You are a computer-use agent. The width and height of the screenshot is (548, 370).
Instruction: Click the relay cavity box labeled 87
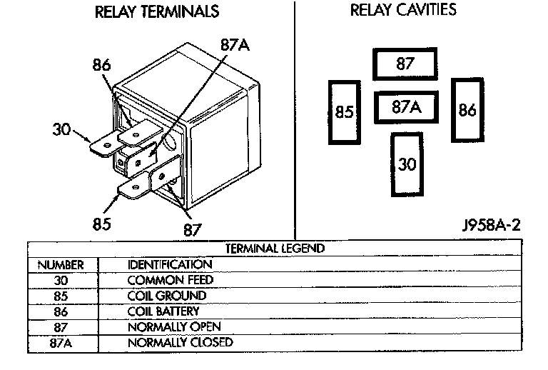tap(405, 64)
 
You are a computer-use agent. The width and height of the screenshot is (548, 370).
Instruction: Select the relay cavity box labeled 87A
tap(405, 107)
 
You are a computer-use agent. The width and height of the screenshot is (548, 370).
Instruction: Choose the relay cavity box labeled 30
tap(406, 164)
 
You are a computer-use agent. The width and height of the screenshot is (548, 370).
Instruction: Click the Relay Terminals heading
tap(156, 12)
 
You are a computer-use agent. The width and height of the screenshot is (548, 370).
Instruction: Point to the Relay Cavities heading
tap(403, 11)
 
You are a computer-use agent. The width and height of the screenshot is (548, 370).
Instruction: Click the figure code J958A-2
tap(490, 226)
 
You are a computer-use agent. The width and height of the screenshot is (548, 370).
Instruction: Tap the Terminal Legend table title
tap(275, 249)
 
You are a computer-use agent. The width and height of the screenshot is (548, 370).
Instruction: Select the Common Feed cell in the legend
tap(170, 280)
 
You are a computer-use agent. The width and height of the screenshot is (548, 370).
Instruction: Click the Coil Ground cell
tap(166, 295)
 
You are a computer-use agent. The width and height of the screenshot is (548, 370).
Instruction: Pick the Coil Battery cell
tap(163, 311)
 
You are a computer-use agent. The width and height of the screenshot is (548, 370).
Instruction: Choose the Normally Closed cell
tap(180, 342)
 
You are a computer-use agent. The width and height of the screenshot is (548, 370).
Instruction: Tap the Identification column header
tap(170, 264)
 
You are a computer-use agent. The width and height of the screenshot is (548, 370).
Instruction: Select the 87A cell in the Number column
tap(61, 342)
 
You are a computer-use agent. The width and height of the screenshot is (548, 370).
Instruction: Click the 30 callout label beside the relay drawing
tap(63, 129)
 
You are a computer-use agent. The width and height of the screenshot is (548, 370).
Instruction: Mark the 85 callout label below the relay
tap(102, 224)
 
